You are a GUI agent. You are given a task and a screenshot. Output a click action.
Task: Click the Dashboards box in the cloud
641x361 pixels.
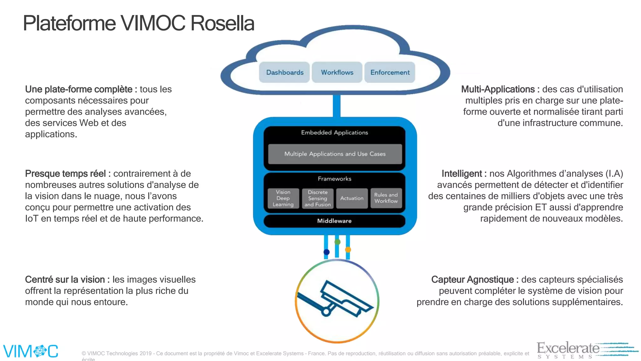tap(285, 72)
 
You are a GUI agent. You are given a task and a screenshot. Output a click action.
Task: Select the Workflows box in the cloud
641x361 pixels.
tap(337, 72)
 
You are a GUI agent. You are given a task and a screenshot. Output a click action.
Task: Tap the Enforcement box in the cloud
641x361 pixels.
tap(390, 72)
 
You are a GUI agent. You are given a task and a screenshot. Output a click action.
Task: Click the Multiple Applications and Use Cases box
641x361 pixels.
tap(335, 154)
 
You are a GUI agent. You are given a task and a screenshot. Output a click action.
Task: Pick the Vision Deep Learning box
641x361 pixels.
tap(283, 198)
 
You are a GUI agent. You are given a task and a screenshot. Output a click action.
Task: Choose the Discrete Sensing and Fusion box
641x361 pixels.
tap(318, 198)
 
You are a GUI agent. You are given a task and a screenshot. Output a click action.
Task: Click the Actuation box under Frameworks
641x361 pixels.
tap(352, 198)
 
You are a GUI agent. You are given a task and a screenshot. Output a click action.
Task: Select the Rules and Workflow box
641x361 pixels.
tap(386, 198)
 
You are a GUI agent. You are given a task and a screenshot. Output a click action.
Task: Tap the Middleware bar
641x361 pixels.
tap(334, 221)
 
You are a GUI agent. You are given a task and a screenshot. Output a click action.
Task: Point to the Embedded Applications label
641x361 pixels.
tap(335, 133)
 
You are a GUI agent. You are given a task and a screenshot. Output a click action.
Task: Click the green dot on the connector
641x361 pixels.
tap(337, 242)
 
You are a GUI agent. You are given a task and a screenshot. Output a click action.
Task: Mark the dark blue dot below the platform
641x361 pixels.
tap(326, 252)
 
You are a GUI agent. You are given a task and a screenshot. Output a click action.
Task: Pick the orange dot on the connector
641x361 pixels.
tap(348, 250)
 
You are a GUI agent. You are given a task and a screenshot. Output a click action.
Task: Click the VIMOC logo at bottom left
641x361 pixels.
tap(31, 351)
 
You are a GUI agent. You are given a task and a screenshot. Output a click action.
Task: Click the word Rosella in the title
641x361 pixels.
tap(222, 24)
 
